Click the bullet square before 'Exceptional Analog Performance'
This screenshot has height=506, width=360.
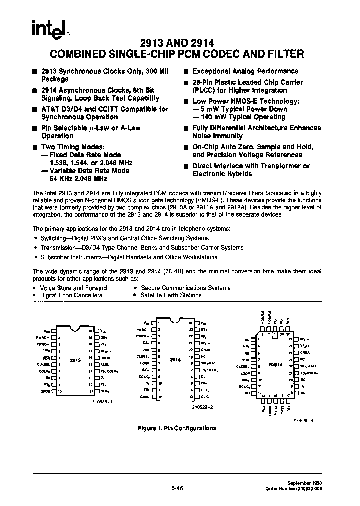point(186,72)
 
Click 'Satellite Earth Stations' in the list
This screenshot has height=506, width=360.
point(171,295)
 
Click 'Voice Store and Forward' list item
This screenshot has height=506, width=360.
point(73,288)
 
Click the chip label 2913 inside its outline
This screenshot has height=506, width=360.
point(75,359)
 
